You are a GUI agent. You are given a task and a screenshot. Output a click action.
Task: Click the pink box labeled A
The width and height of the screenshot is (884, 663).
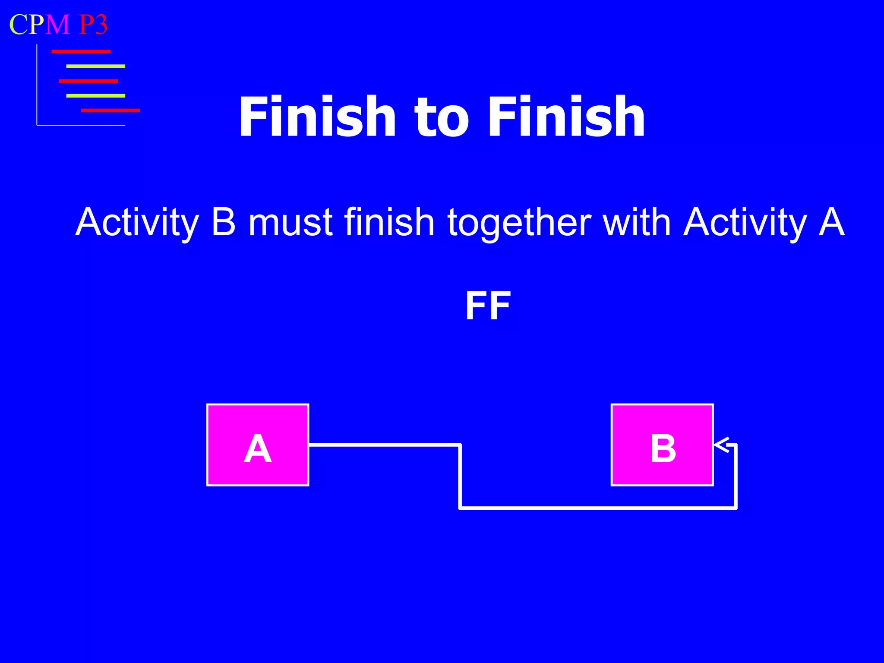click(258, 445)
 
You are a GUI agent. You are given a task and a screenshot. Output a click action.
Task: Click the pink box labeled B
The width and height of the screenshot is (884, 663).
click(662, 445)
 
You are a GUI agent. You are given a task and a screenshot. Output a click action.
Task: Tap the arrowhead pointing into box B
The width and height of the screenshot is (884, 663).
click(721, 445)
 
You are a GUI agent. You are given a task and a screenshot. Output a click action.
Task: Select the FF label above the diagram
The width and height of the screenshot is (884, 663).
click(488, 306)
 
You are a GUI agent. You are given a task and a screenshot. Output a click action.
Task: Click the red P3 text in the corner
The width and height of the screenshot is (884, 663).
click(93, 25)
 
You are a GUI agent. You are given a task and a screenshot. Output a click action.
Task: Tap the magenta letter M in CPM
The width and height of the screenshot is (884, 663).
click(58, 25)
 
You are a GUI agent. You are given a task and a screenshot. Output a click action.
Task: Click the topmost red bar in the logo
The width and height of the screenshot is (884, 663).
click(81, 52)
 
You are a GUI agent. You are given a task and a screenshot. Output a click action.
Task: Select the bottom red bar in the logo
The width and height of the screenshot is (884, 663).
click(110, 110)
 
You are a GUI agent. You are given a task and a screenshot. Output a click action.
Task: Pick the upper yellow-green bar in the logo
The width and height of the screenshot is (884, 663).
click(95, 66)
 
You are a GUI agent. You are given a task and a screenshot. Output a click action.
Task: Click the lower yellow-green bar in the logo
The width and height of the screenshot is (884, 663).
click(95, 96)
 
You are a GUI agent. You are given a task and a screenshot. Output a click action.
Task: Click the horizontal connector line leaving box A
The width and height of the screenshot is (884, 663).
click(384, 444)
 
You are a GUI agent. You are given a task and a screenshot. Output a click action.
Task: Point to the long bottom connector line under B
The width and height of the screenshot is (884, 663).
click(598, 508)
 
